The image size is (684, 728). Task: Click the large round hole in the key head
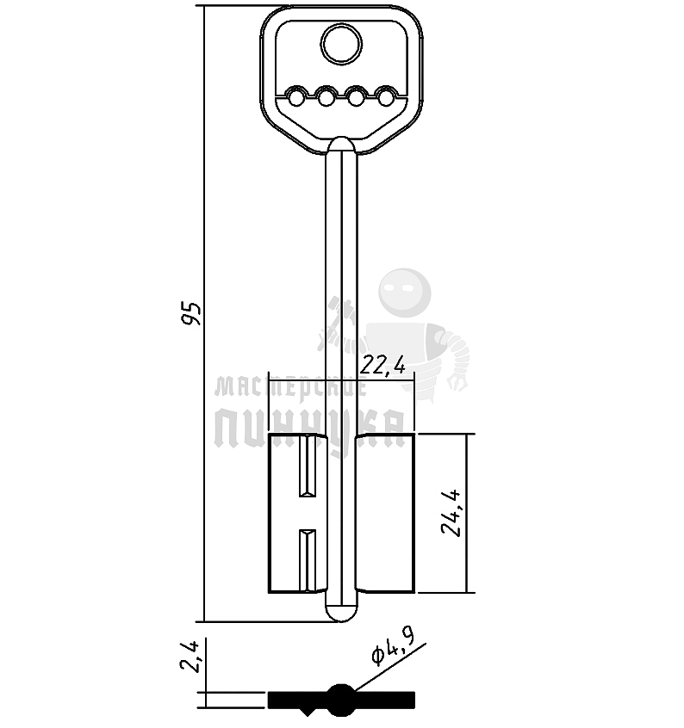click(342, 45)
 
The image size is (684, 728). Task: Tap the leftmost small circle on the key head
click(296, 97)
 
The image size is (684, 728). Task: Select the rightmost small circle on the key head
click(386, 97)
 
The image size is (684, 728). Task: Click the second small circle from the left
click(326, 97)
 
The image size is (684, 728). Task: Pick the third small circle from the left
click(357, 97)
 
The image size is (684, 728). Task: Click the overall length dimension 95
click(191, 313)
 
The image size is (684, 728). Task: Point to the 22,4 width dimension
click(382, 366)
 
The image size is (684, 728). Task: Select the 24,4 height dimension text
click(451, 513)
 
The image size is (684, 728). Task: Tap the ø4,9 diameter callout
click(394, 646)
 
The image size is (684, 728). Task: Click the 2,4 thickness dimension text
click(190, 657)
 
